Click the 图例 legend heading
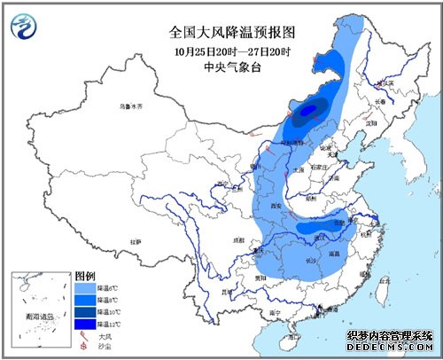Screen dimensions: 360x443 (85, 276)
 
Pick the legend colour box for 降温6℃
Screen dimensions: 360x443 (85, 287)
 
